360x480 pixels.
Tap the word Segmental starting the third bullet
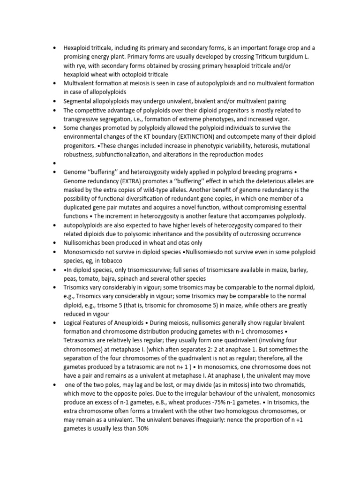[79, 101]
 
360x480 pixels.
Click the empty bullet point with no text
[55, 163]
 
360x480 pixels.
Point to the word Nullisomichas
[84, 243]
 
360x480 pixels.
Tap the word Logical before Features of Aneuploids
[75, 323]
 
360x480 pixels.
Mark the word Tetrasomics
[82, 341]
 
